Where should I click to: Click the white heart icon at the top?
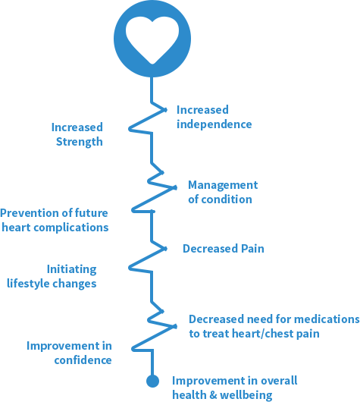click(152, 39)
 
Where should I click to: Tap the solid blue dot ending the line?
click(152, 381)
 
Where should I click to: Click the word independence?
click(214, 124)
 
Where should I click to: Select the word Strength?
click(80, 142)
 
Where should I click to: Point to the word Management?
click(223, 185)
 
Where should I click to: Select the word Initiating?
click(72, 270)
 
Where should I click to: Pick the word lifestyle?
click(28, 284)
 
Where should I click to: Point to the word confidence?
click(83, 360)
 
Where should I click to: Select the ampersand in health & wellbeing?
click(213, 395)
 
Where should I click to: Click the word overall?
click(279, 381)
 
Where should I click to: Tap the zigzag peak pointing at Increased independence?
click(165, 110)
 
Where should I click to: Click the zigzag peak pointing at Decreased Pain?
click(165, 249)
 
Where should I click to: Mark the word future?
click(91, 213)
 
